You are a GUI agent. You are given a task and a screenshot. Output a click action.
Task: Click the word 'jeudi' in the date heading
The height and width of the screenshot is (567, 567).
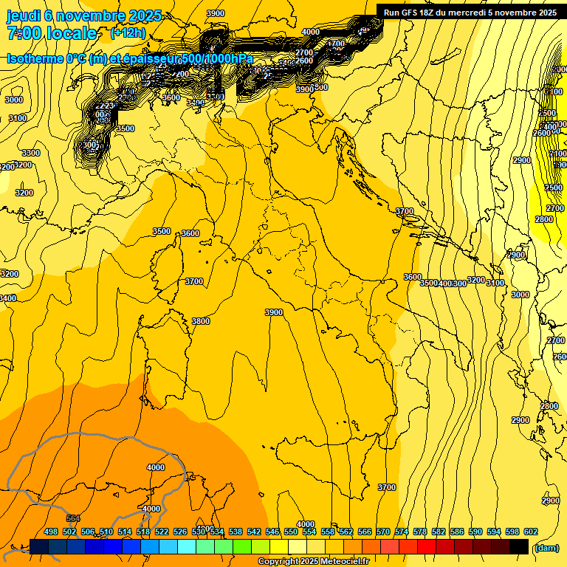tap(22, 16)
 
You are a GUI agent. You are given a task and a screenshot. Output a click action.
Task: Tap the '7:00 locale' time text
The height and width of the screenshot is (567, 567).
tap(52, 33)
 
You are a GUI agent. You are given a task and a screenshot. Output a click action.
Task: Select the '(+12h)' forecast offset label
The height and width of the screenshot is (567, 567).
tap(128, 33)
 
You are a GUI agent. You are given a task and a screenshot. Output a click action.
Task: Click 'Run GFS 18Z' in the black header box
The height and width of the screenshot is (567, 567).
tap(412, 13)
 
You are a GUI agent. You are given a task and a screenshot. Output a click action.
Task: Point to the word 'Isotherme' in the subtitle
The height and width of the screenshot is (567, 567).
tap(41, 59)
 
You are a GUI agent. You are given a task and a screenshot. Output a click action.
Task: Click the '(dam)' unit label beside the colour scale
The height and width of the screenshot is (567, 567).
tap(546, 548)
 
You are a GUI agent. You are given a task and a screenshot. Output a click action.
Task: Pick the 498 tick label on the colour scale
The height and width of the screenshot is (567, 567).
tap(51, 532)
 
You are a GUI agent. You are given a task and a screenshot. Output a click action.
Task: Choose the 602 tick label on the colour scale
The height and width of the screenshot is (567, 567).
tap(531, 532)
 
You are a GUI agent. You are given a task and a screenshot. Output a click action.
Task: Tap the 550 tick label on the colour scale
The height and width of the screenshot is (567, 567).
tap(291, 532)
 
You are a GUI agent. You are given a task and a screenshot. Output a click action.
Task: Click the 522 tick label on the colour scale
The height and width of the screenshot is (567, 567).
tap(162, 532)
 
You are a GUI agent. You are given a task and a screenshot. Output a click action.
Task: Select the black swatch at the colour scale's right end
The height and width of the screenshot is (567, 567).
tap(519, 546)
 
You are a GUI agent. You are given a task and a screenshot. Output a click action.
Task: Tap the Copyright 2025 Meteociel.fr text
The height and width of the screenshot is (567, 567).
tap(313, 562)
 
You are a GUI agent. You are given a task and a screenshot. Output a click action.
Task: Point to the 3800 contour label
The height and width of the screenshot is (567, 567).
tap(200, 321)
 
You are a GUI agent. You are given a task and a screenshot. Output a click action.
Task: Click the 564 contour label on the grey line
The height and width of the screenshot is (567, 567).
tap(73, 519)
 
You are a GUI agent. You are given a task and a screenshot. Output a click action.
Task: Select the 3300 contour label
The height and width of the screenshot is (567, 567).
tap(31, 153)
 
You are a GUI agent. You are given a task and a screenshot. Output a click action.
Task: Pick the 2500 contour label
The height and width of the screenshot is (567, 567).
tap(554, 188)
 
